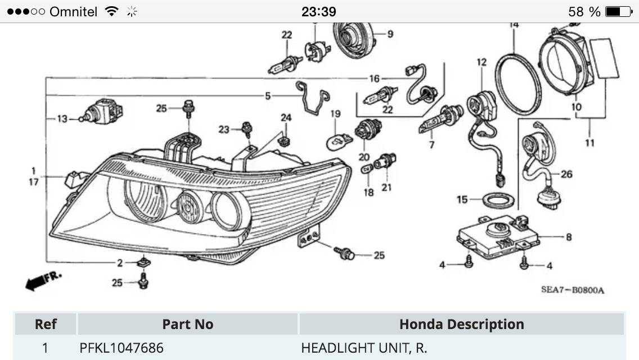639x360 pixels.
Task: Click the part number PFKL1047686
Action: [121, 348]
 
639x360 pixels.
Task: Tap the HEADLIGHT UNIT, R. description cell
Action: [363, 348]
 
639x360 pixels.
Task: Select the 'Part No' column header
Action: [187, 325]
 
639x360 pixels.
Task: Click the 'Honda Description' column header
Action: [461, 325]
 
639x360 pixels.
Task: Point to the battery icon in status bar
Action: [620, 11]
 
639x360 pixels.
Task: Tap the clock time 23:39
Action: [318, 11]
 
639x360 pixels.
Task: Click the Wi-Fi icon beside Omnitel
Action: [112, 11]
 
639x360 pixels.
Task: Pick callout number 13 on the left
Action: [61, 119]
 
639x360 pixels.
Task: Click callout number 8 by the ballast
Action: [568, 237]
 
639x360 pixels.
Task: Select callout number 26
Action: [566, 174]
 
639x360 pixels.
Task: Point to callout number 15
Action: [462, 200]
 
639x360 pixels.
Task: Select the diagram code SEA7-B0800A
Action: [572, 290]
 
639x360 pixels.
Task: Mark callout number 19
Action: [335, 114]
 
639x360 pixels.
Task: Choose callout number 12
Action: [481, 62]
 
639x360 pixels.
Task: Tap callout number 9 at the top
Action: [390, 34]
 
